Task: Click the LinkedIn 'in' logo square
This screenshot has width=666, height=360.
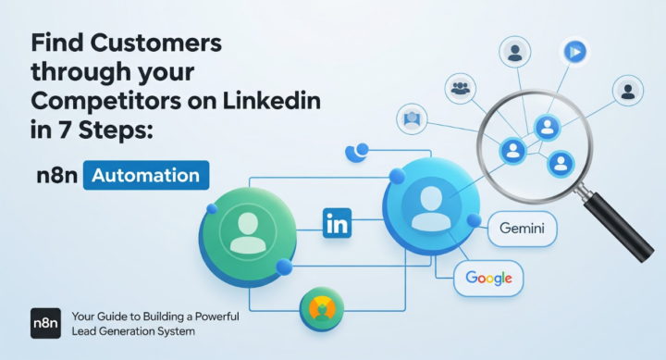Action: point(338,223)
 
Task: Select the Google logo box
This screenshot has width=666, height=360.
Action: point(488,277)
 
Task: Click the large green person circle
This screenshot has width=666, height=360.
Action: point(247,233)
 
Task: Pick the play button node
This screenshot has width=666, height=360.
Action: point(575,53)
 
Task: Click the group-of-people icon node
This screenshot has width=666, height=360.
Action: point(460,89)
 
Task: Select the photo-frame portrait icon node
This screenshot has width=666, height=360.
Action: point(412,119)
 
